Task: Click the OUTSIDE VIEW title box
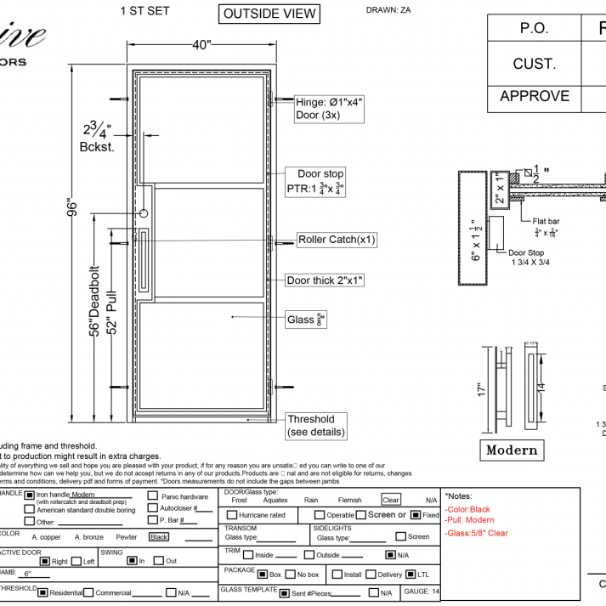(269, 14)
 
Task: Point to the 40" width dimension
(201, 46)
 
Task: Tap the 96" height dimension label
(74, 209)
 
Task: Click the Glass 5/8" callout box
(307, 320)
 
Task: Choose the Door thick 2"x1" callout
(325, 280)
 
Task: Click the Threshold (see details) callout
(316, 426)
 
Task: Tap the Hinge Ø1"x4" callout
(329, 108)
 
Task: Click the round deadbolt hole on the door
(145, 214)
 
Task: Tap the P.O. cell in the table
(534, 28)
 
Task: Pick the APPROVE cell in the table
(534, 96)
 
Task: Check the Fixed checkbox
(415, 515)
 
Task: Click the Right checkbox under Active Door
(44, 561)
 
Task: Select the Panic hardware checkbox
(153, 496)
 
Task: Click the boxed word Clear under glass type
(390, 501)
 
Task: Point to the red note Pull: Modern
(469, 520)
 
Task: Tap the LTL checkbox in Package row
(411, 574)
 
